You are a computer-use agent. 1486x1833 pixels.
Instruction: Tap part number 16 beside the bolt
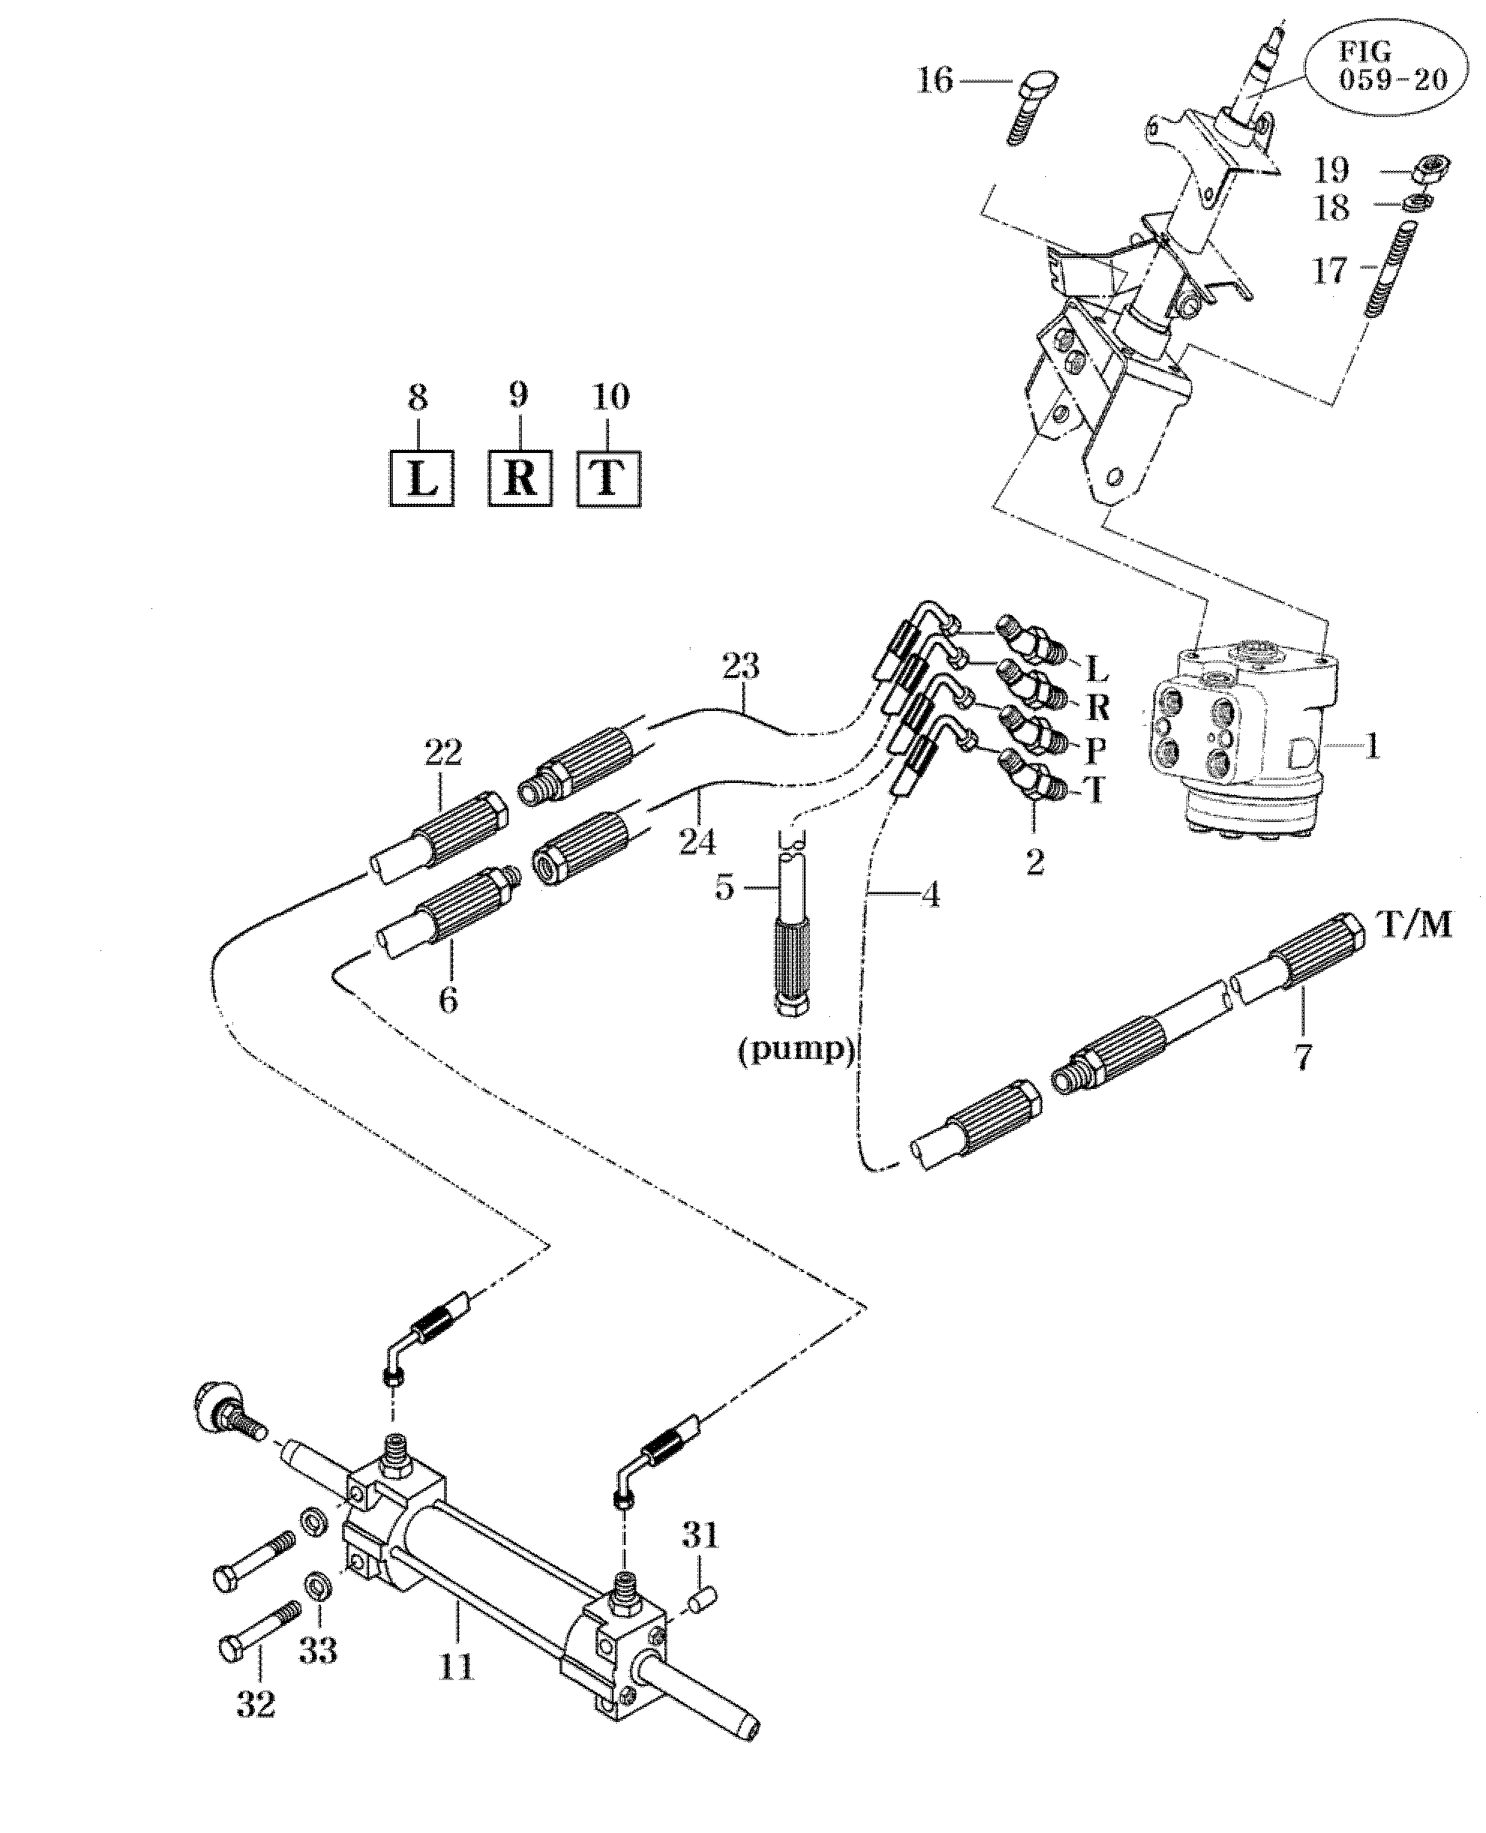935,80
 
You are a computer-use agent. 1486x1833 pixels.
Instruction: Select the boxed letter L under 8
421,478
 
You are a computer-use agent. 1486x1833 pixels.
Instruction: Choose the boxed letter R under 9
520,478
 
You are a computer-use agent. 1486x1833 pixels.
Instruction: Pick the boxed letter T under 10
609,478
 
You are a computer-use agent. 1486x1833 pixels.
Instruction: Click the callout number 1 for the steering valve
1371,746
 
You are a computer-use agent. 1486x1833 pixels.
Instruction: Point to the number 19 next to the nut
1332,170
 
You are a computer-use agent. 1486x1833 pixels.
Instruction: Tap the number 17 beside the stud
1330,271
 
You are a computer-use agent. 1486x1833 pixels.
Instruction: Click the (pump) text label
796,1051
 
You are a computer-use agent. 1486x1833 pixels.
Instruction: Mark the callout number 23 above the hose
741,666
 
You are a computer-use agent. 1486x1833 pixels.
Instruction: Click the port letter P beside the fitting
1095,750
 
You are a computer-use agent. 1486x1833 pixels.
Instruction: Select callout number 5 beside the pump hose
725,888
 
